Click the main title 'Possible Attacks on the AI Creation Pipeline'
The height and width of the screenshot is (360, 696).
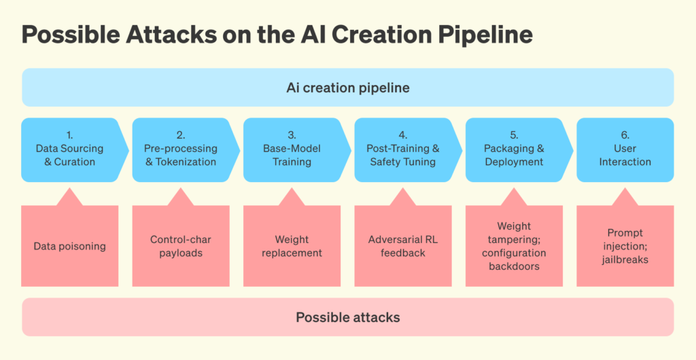(x=277, y=35)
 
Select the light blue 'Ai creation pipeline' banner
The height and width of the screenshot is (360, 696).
(x=348, y=88)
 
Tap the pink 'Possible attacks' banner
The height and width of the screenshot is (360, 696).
(x=348, y=317)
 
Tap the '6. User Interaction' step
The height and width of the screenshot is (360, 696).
(x=625, y=150)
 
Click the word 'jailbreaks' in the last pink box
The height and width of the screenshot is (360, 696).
(x=625, y=259)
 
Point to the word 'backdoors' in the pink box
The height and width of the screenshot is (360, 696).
(x=514, y=266)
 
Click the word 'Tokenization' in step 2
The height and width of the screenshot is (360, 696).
(x=186, y=162)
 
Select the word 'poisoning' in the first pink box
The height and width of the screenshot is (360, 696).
(x=83, y=246)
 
